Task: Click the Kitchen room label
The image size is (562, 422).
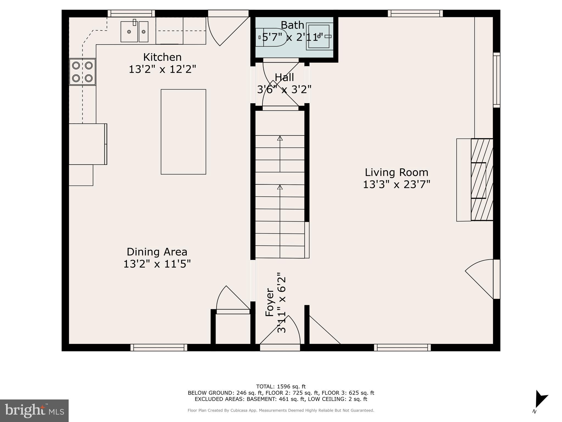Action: pos(162,57)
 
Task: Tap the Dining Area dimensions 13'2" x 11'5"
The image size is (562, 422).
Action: pos(157,264)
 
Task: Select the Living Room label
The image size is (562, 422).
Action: pos(396,173)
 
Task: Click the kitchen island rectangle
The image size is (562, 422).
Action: pos(183,132)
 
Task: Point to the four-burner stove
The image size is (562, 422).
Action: pos(82,72)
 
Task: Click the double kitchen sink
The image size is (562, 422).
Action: pos(135,32)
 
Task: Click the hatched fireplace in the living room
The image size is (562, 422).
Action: pos(482,180)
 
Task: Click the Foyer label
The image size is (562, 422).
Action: pos(270,302)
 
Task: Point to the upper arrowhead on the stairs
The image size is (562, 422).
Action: pos(280,138)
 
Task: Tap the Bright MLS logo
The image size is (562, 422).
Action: pos(34,411)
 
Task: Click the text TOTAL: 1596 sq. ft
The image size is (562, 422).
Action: pos(281,387)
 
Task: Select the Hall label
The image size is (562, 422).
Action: pos(284,77)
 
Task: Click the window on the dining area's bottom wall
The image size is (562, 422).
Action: pos(159,348)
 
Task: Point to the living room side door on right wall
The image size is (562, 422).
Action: pos(483,279)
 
